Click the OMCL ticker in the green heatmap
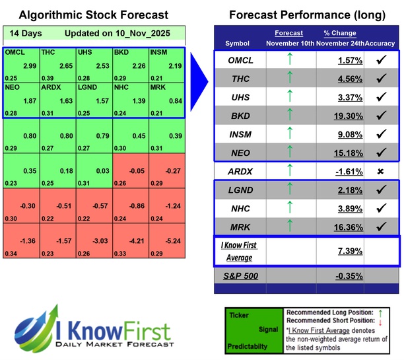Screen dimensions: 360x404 (x=15, y=52)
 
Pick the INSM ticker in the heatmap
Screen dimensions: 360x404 (x=160, y=52)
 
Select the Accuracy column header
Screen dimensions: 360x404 (x=380, y=43)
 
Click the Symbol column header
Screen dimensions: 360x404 (x=238, y=43)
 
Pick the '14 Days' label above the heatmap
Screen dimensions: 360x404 (x=23, y=33)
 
